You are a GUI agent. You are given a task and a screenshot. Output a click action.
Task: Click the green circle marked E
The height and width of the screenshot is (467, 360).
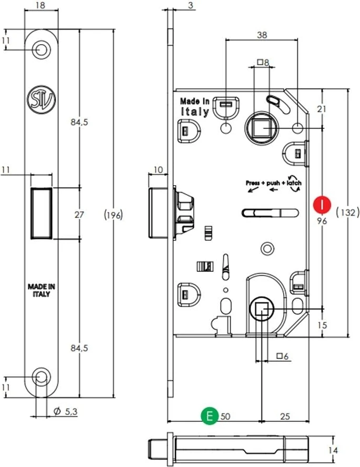[x=211, y=417]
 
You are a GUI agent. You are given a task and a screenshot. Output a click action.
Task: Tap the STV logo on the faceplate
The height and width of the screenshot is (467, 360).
[x=41, y=98]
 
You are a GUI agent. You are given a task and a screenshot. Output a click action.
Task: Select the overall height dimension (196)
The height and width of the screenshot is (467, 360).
[x=113, y=215]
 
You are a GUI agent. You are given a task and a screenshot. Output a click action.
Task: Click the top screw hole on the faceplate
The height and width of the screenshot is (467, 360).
[x=41, y=49]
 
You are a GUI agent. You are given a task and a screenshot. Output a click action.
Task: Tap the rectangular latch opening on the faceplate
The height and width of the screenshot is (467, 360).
[x=42, y=213]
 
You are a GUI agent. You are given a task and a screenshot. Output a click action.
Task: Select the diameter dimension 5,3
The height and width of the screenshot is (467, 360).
[x=66, y=412]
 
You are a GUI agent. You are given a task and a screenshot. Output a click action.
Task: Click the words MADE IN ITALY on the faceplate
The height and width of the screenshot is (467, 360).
[x=41, y=290]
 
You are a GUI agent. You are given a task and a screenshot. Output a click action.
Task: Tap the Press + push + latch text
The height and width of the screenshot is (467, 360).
[x=273, y=183]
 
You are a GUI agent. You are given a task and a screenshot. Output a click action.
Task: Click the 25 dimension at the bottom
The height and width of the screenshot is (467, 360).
[x=284, y=417]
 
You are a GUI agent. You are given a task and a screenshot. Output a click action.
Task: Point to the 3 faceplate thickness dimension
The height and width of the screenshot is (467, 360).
[x=191, y=6]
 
